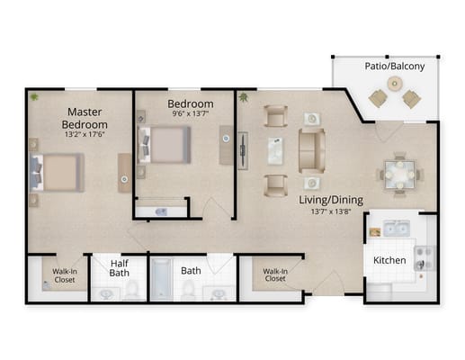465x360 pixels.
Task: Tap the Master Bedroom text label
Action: click(x=85, y=118)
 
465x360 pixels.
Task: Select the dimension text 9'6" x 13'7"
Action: click(x=191, y=114)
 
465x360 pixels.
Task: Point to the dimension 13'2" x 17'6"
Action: click(x=86, y=136)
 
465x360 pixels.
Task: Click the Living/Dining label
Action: click(x=330, y=199)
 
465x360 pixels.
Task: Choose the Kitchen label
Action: click(x=390, y=260)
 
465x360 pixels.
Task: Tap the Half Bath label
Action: click(x=119, y=269)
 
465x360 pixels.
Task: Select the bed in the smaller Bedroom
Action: click(x=164, y=144)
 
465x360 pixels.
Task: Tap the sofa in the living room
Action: click(x=311, y=149)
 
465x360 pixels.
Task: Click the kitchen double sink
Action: click(x=396, y=228)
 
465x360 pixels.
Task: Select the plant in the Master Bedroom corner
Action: click(x=34, y=96)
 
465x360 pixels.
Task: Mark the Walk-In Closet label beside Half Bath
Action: click(x=63, y=274)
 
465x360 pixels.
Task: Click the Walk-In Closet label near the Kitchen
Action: click(x=274, y=274)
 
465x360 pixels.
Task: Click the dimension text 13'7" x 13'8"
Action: click(x=330, y=212)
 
